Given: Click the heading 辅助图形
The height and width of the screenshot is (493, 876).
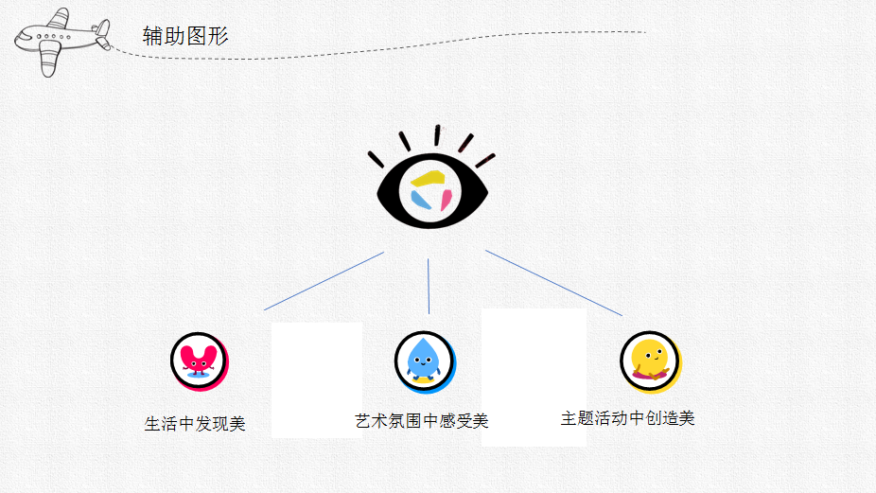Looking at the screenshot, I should [x=185, y=36].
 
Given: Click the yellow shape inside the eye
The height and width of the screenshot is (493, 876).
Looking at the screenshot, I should [x=429, y=178].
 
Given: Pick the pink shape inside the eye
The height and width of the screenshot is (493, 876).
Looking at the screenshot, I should [x=445, y=199].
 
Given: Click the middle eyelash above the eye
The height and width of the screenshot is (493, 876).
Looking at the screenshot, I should [x=437, y=135].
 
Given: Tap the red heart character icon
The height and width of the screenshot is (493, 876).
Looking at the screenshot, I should [x=199, y=360].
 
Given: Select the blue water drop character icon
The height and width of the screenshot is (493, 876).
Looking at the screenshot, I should [x=423, y=360].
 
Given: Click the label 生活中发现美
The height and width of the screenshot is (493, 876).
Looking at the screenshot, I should [x=195, y=424].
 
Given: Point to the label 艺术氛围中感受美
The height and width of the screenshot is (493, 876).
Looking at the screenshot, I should [x=421, y=420].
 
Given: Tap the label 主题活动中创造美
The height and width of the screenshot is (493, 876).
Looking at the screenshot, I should [x=627, y=417].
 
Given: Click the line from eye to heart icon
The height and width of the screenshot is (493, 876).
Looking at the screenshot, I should [x=324, y=281].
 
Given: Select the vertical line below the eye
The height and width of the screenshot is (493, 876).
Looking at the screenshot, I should [x=429, y=286].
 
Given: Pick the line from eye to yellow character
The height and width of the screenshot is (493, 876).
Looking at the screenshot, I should [x=553, y=283].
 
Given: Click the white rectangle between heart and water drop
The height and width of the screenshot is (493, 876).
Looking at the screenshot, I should [x=317, y=379].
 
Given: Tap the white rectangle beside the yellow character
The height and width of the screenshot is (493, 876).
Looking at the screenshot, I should [x=534, y=377].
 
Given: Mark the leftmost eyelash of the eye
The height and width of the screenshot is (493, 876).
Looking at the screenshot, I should [x=376, y=159].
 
